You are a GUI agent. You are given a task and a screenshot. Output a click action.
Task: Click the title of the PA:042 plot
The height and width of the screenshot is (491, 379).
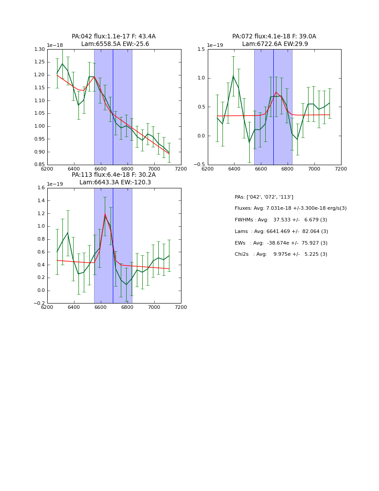click(114, 40)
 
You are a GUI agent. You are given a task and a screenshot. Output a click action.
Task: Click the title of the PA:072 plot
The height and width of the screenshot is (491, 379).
click(274, 40)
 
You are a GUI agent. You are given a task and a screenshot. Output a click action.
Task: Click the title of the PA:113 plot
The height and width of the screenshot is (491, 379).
click(114, 179)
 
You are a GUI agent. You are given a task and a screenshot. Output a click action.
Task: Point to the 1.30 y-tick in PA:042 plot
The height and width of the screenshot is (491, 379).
click(40, 49)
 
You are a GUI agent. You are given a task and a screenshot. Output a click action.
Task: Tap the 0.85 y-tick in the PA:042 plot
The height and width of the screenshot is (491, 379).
click(40, 165)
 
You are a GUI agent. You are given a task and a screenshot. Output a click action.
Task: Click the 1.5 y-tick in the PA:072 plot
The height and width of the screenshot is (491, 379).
click(201, 49)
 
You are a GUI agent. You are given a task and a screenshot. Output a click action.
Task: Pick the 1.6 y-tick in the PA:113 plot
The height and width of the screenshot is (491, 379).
click(41, 188)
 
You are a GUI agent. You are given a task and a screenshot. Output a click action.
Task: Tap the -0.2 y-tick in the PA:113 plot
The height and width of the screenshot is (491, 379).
click(40, 303)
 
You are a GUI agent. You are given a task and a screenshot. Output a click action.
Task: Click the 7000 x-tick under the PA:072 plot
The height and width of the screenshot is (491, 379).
click(314, 169)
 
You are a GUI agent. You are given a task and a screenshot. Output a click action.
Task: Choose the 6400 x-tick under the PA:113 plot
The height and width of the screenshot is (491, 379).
click(74, 308)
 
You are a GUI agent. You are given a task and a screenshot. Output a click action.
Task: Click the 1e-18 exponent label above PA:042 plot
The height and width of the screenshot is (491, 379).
click(55, 46)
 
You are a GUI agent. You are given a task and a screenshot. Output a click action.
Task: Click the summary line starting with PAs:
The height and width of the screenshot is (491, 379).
click(264, 197)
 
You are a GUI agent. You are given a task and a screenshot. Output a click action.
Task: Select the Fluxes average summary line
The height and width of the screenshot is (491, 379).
click(290, 208)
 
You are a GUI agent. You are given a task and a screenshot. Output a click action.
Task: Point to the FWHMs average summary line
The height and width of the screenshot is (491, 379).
click(281, 220)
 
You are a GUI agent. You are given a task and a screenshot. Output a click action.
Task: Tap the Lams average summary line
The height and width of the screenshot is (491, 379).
click(281, 232)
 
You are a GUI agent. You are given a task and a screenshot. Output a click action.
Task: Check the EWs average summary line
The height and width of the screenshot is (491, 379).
click(281, 243)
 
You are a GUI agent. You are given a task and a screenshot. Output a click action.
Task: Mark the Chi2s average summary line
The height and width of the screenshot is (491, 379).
click(281, 254)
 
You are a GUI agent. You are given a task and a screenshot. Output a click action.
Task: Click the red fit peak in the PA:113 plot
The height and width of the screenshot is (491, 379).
click(105, 215)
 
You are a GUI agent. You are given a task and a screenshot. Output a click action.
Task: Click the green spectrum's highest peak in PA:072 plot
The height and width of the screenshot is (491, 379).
click(233, 76)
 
